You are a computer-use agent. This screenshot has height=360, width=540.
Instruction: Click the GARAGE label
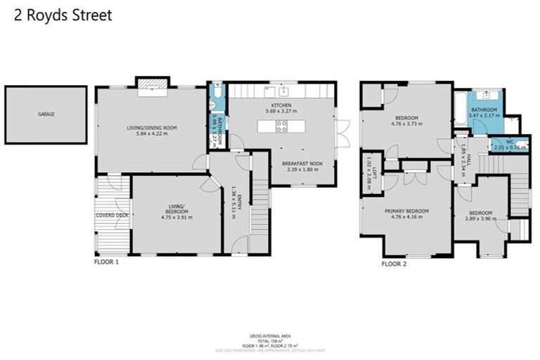click(x=46, y=114)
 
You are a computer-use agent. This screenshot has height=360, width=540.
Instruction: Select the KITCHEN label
click(x=278, y=105)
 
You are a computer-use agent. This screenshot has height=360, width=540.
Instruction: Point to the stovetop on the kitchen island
click(x=281, y=127)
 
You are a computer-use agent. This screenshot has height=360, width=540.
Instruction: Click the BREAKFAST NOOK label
click(x=302, y=163)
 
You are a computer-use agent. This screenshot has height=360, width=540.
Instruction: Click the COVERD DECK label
click(x=112, y=215)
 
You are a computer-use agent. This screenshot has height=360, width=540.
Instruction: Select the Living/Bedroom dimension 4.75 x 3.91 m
click(x=176, y=217)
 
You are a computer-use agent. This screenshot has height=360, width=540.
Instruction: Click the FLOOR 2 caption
click(x=394, y=264)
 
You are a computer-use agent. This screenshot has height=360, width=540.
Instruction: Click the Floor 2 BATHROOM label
click(x=484, y=110)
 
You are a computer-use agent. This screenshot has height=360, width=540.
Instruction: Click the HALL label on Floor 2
click(x=465, y=157)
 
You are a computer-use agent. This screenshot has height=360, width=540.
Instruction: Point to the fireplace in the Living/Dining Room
click(x=152, y=86)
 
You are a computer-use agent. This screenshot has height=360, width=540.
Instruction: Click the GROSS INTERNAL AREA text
click(x=270, y=337)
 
